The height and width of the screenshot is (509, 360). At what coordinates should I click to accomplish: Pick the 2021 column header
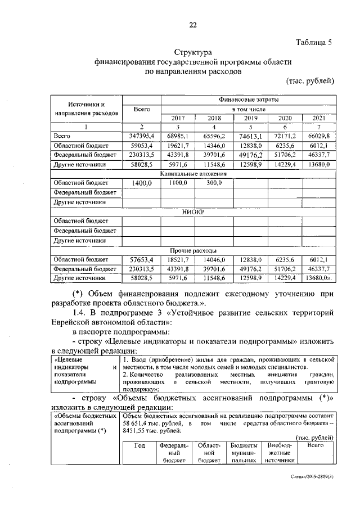(x=319, y=118)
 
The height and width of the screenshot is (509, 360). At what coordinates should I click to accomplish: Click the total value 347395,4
(x=141, y=136)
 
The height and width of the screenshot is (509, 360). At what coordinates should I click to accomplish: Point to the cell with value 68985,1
(x=177, y=136)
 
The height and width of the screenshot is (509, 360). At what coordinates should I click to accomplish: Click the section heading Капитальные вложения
(x=193, y=174)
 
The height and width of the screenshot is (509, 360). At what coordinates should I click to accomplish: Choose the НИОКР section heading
(x=193, y=212)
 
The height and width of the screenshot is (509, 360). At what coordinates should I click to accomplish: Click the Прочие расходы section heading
(x=193, y=250)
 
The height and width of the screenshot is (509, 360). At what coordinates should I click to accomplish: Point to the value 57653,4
(x=141, y=259)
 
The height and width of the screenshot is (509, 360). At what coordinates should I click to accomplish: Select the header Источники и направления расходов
(x=85, y=109)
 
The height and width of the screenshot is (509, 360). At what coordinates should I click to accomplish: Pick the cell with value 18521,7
(x=177, y=259)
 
